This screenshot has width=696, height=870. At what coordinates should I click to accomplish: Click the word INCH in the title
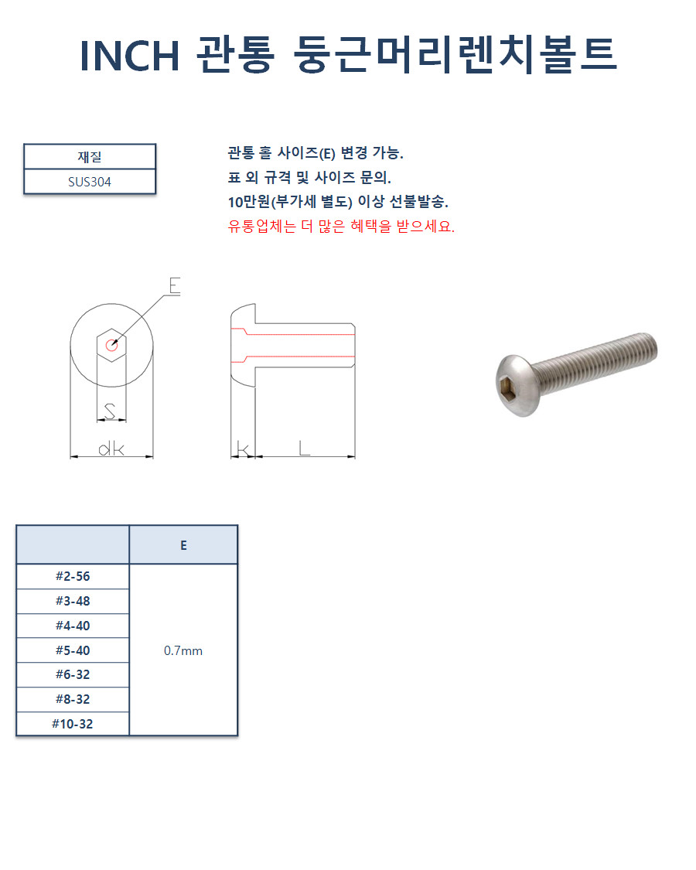pos(130,56)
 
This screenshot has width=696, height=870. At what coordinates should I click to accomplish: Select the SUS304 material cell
pos(90,182)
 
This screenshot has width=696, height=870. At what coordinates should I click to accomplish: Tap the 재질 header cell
pos(90,156)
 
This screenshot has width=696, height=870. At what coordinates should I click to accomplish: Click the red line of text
pos(341,227)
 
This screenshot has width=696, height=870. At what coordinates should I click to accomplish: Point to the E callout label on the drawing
pos(175,285)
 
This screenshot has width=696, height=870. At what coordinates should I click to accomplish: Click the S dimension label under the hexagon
pos(110,411)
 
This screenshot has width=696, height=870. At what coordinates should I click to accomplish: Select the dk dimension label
pos(111,449)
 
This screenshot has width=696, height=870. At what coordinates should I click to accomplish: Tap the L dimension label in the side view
pos(304,448)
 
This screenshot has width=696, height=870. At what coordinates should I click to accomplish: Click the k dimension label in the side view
pos(243,449)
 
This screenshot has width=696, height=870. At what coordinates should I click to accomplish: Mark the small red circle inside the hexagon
pos(111,346)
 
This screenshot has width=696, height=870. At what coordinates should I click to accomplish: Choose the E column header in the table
pos(184,545)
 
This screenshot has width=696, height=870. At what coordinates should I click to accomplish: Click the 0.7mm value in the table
pos(183,651)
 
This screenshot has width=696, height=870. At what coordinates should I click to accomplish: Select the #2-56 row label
pos(73,576)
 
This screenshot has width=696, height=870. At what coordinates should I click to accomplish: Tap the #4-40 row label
pos(73,626)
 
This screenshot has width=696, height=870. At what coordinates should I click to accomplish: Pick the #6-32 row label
pos(73,674)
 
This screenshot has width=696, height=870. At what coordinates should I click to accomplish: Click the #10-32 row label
pos(73,724)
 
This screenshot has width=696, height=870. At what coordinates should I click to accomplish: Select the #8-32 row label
pos(73,699)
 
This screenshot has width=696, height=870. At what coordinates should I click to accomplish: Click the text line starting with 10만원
pos(338,201)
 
